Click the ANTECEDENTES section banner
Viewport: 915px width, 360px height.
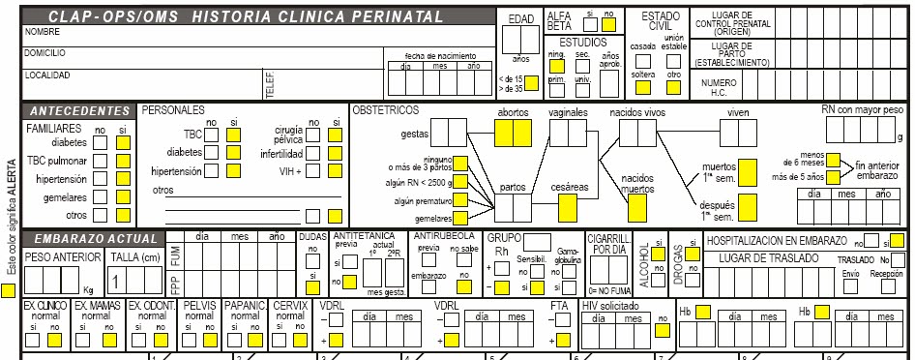pyautogui.click(x=80, y=110)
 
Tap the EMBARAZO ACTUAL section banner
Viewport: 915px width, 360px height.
pyautogui.click(x=93, y=238)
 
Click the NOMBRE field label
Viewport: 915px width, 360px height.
pyautogui.click(x=42, y=33)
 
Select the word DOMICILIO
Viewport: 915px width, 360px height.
pyautogui.click(x=45, y=52)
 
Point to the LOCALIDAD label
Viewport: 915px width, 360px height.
pyautogui.click(x=47, y=75)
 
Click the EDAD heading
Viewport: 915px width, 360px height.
pyautogui.click(x=520, y=19)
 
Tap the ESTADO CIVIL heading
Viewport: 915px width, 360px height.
pyautogui.click(x=653, y=21)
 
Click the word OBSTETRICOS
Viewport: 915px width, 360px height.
pyautogui.click(x=386, y=110)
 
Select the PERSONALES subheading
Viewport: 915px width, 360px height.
pyautogui.click(x=173, y=110)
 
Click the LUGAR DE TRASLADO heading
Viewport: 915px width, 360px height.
pyautogui.click(x=767, y=258)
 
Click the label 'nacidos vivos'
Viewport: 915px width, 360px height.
pyautogui.click(x=636, y=113)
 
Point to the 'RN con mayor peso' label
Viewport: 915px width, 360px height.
pyautogui.click(x=862, y=110)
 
